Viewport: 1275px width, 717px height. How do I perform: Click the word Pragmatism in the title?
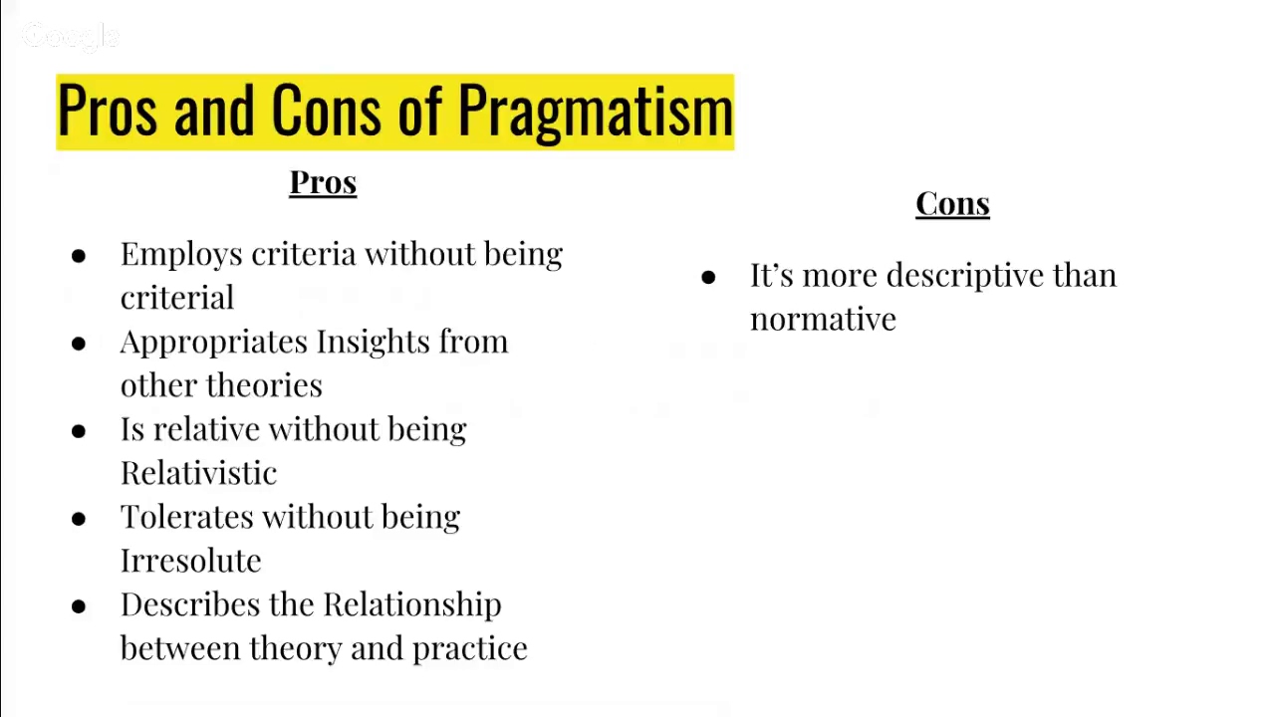(595, 112)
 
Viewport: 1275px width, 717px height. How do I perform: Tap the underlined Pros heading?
(323, 183)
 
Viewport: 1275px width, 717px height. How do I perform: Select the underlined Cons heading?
(952, 204)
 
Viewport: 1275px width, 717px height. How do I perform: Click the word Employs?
(181, 255)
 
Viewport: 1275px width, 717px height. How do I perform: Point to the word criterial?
(177, 298)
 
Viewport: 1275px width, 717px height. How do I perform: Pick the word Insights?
(374, 342)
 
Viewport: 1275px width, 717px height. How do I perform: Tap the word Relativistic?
(198, 473)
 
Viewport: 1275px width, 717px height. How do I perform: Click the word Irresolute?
(190, 561)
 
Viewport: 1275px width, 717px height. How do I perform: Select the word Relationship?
(411, 604)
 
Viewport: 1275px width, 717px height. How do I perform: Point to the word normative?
(823, 320)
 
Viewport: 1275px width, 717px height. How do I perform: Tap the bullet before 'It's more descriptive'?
(708, 278)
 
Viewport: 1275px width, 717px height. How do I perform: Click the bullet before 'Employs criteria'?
(79, 256)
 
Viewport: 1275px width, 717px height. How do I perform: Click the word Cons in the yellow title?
(325, 112)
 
